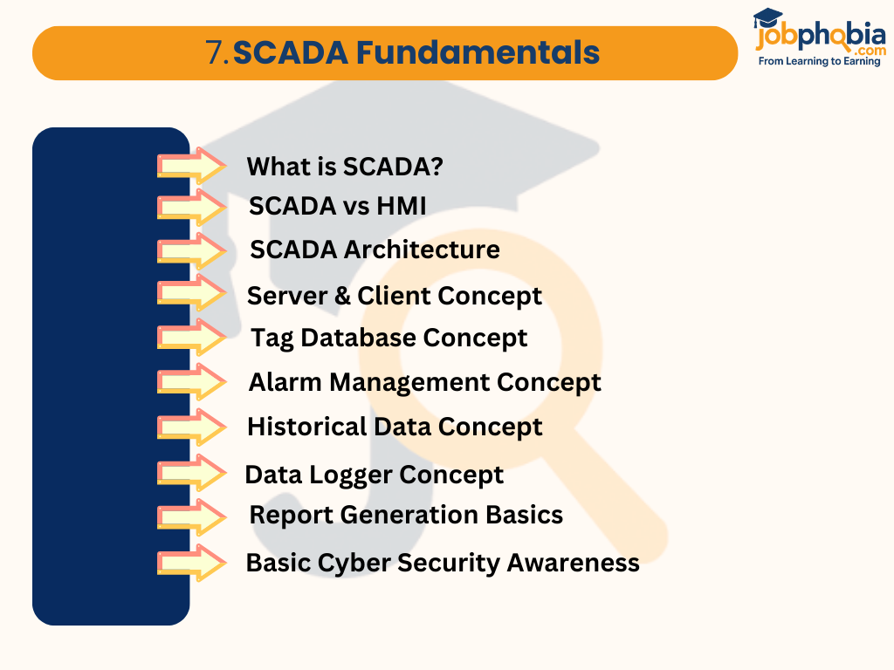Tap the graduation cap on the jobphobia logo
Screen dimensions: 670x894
click(x=768, y=18)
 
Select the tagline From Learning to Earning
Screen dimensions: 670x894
click(x=819, y=62)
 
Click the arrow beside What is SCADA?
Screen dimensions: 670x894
click(x=191, y=165)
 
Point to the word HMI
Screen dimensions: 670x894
click(x=401, y=206)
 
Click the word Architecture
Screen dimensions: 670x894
click(x=421, y=250)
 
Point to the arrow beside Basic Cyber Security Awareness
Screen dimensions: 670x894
click(x=191, y=563)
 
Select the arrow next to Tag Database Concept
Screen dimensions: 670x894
click(x=191, y=338)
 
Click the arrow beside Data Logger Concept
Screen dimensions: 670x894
click(x=191, y=474)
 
